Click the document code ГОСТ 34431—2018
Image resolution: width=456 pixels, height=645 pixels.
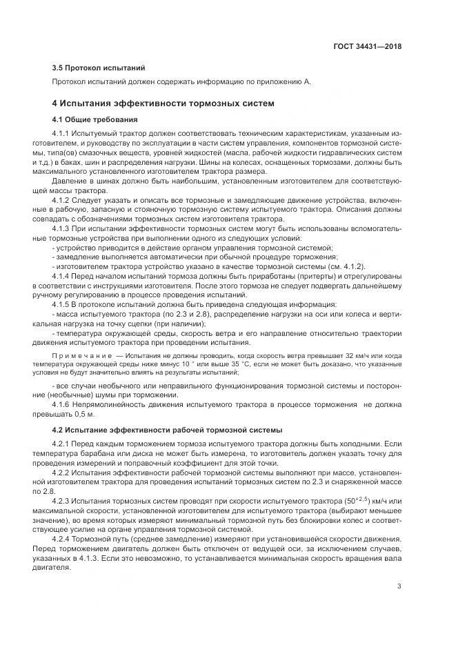(367, 46)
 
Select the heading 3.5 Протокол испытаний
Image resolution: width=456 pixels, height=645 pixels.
(99, 68)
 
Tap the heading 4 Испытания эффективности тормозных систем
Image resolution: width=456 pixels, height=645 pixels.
(163, 103)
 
